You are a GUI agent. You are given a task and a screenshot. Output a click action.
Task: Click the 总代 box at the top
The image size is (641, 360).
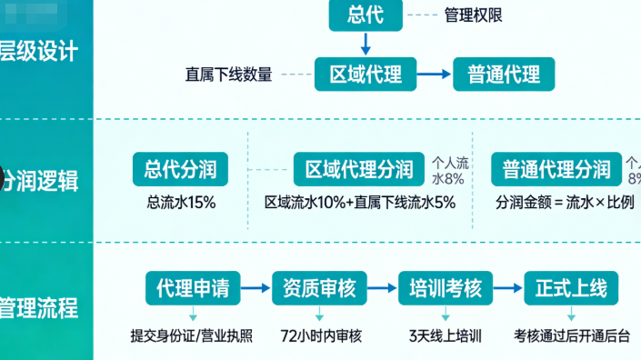click(365, 15)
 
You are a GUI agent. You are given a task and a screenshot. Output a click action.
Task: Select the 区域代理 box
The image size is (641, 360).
click(365, 74)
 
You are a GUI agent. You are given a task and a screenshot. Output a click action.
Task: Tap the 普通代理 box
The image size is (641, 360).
click(503, 74)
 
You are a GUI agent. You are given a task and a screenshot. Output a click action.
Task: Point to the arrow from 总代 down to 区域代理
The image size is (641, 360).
click(365, 42)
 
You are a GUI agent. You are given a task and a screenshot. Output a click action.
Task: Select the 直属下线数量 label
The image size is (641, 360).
click(228, 75)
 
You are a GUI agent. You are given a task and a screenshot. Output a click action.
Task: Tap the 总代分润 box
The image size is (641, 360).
click(180, 169)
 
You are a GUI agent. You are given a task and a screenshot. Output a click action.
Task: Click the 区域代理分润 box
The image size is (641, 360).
click(359, 169)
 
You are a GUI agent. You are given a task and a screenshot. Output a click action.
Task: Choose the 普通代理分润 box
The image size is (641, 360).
click(556, 169)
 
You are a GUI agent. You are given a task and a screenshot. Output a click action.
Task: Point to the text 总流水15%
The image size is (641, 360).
click(181, 202)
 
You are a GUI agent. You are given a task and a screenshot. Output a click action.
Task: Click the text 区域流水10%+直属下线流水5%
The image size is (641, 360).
click(359, 202)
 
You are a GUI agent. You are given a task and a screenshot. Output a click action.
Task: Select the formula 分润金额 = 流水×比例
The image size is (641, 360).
click(565, 202)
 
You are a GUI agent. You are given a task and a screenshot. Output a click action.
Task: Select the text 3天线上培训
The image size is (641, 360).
click(446, 335)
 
